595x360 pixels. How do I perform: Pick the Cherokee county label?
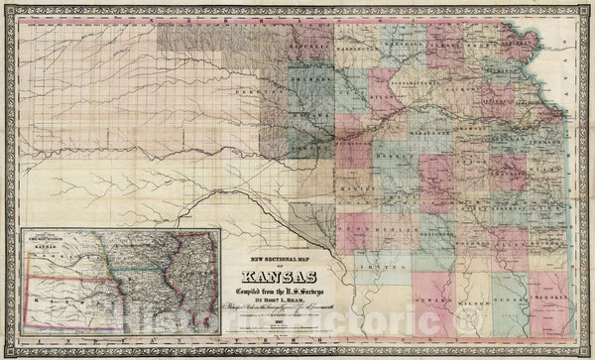coord(546,303)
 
